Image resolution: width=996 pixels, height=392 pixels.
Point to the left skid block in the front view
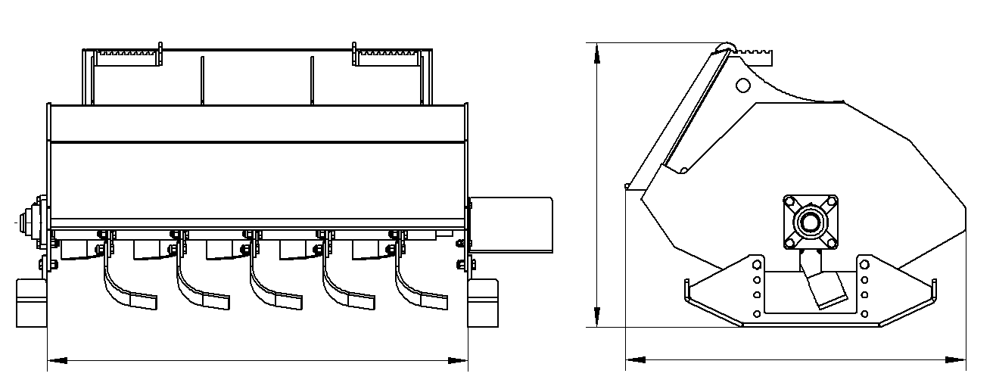pyautogui.click(x=32, y=302)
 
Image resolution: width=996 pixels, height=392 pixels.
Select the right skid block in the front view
pyautogui.click(x=483, y=302)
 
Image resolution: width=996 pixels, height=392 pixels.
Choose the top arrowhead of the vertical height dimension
pyautogui.click(x=598, y=48)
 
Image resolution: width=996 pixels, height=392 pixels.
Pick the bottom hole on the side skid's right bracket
pyautogui.click(x=864, y=313)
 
